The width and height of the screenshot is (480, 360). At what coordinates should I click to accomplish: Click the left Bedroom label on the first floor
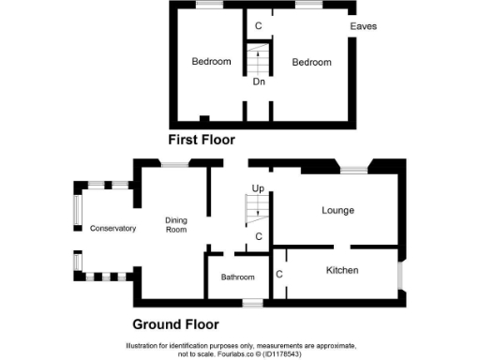211,62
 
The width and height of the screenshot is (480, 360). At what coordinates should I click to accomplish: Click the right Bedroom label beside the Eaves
311,62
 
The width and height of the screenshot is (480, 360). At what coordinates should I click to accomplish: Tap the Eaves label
363,26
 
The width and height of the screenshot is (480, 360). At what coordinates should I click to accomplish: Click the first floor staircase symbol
257,59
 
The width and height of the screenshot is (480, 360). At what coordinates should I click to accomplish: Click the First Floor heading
201,140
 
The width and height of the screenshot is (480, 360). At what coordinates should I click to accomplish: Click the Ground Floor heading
175,324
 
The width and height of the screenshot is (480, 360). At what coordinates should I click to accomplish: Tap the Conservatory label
112,229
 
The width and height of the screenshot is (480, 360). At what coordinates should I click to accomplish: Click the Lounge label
337,210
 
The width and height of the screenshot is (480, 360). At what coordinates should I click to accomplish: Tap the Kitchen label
342,270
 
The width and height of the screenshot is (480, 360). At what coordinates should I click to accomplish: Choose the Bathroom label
237,277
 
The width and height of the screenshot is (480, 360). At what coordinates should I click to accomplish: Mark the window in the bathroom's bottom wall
251,303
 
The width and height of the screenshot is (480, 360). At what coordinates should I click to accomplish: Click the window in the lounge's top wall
353,170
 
